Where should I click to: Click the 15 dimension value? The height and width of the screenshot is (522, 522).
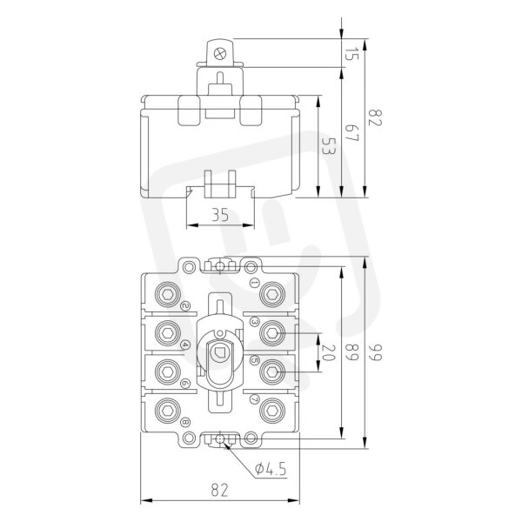(x=351, y=54)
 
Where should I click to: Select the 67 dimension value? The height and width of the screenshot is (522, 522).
(x=351, y=133)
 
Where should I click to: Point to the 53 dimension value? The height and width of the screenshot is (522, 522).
(x=328, y=146)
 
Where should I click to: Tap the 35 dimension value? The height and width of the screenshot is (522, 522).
(x=220, y=215)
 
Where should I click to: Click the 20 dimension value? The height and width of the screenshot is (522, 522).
(x=328, y=353)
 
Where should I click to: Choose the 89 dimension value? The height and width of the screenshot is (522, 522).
(x=351, y=352)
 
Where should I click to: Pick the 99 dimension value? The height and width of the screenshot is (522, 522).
(x=375, y=352)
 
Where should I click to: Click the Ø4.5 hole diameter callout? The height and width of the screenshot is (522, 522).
(x=271, y=469)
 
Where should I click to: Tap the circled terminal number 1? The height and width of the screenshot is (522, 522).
(x=255, y=283)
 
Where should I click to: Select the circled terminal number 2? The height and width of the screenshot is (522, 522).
(x=185, y=306)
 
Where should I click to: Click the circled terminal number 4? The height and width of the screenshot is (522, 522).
(x=185, y=345)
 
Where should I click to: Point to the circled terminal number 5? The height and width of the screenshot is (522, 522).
(x=255, y=360)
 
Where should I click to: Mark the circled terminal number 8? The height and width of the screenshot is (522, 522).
(x=185, y=423)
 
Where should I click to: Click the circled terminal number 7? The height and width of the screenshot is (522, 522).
(x=255, y=398)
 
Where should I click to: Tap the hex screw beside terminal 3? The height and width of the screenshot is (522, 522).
(x=272, y=333)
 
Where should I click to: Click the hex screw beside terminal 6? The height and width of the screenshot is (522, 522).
(x=168, y=371)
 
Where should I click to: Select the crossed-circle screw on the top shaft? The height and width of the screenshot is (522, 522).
(x=220, y=54)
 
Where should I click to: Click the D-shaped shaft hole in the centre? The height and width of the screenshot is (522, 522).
(x=219, y=353)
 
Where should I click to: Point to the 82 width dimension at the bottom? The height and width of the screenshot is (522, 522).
(x=220, y=491)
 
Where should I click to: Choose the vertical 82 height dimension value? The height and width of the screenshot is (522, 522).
(x=375, y=117)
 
